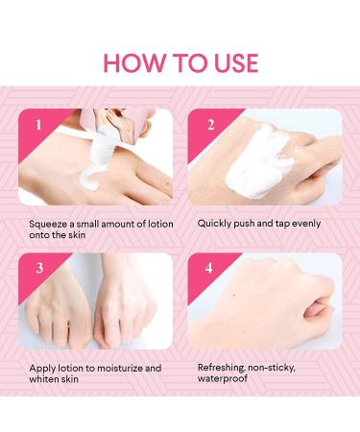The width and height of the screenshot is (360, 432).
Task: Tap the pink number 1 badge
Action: pos(38,125)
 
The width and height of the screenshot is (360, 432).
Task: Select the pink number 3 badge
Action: pos(38,269)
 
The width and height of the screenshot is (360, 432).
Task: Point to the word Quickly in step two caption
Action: pos(217,224)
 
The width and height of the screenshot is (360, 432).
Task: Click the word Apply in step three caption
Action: pos(44,368)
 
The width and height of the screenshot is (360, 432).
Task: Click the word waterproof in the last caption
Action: pos(225,379)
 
